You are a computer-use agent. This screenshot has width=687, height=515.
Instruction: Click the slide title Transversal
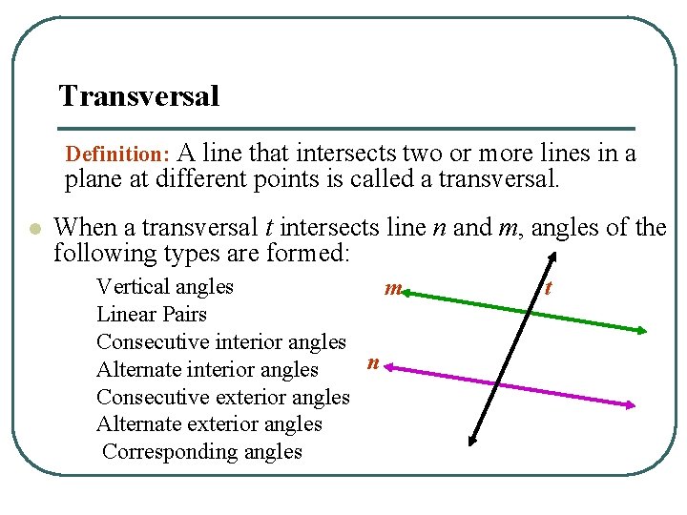point(139,96)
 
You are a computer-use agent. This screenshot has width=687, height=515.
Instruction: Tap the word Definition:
point(117,154)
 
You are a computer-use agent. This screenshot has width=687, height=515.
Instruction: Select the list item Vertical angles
point(165,286)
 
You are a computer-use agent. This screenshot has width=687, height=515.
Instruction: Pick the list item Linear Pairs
point(152,314)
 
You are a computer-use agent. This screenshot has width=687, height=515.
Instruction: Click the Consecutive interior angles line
point(221,341)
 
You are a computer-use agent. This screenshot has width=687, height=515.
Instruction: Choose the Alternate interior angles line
point(207,369)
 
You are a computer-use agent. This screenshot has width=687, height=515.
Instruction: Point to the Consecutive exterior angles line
point(223,397)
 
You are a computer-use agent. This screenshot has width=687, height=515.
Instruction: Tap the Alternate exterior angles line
point(209,424)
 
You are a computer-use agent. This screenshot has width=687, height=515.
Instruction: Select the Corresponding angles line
point(202,452)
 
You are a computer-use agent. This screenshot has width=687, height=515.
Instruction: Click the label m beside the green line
point(391,288)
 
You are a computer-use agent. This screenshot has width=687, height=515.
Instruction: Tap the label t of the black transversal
point(548,286)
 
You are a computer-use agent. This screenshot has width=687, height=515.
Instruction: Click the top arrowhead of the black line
point(553,257)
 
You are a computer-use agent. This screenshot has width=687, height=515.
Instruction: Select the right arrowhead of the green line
point(642,331)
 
